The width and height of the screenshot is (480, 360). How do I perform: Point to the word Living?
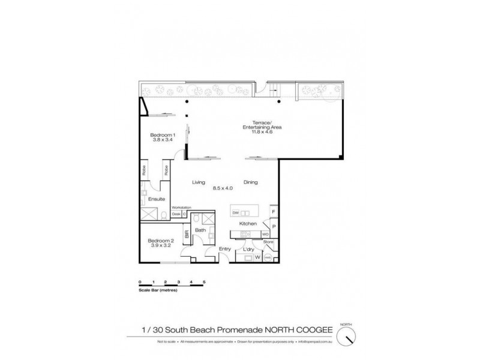pos(199,182)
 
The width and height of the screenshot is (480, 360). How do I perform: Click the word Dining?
pos(251,182)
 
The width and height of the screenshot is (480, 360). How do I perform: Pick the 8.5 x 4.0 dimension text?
pos(223,188)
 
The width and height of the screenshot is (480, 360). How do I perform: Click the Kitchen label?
pos(248,224)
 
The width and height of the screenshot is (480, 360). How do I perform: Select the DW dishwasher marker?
pos(235,213)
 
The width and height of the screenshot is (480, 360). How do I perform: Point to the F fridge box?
pos(274,212)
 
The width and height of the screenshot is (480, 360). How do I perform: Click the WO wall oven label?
pos(265,234)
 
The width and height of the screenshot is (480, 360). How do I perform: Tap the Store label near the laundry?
pos(269,242)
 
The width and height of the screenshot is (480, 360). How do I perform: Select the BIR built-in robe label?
pos(187,236)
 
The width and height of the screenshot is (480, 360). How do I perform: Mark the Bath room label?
pos(200,230)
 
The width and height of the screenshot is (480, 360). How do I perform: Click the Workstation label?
pos(181,208)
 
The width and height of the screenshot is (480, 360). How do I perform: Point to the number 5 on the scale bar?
pos(204,281)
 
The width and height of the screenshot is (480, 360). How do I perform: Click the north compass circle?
pos(346,337)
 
